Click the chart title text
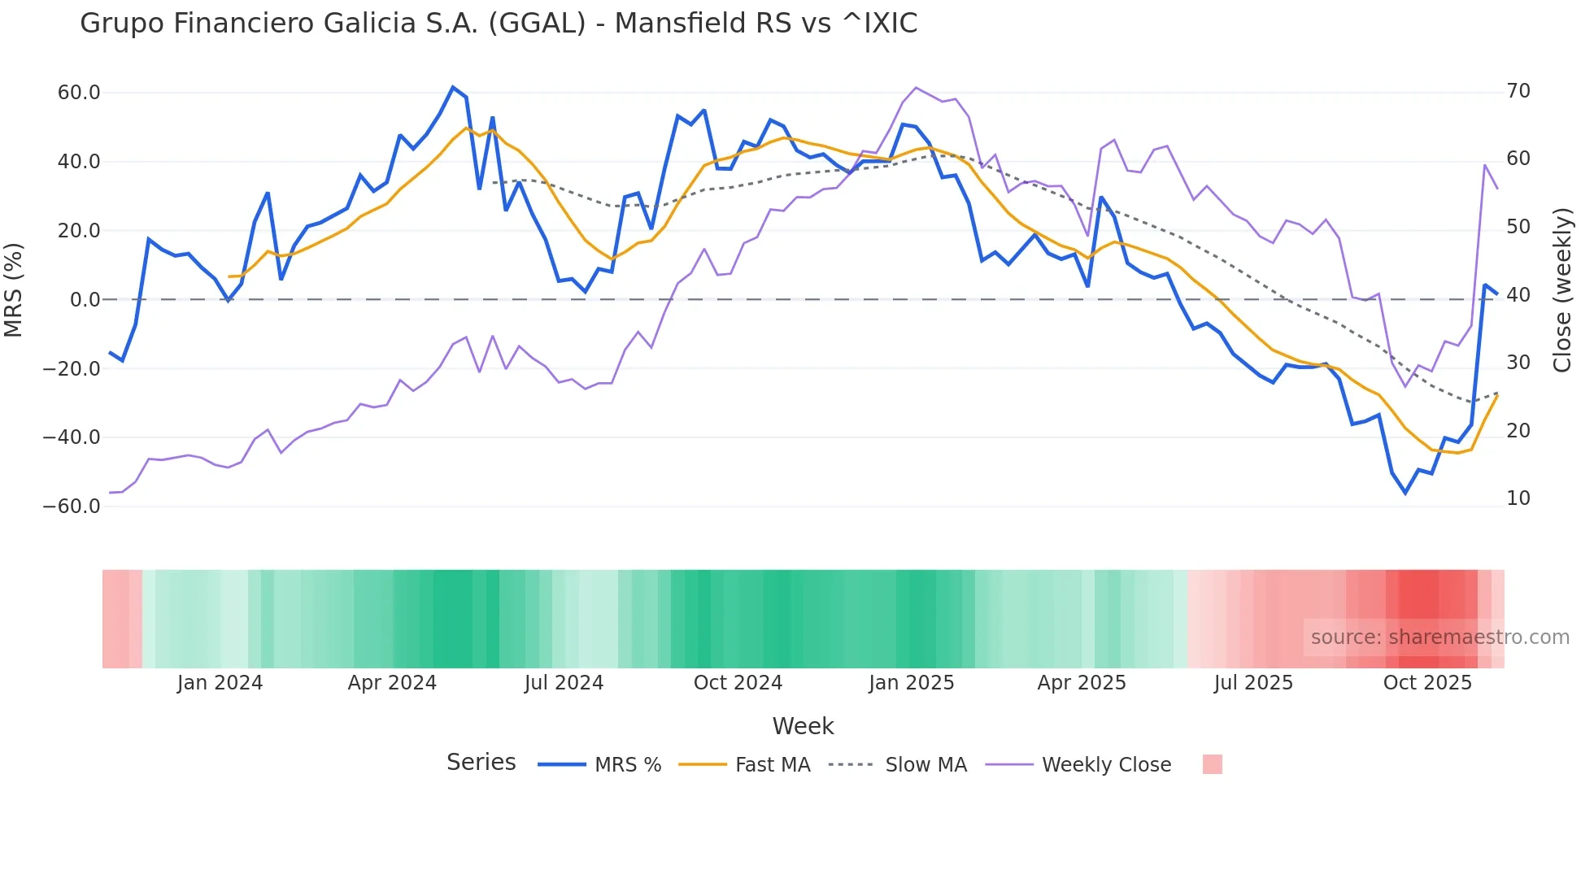point(499,24)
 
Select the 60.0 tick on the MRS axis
point(79,93)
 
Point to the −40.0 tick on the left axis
point(72,437)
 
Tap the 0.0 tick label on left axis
point(85,300)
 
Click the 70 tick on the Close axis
point(1518,91)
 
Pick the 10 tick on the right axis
point(1518,498)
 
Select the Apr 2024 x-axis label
point(392,683)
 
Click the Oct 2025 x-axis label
point(1427,683)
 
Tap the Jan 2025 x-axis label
point(911,683)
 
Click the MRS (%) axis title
point(14,289)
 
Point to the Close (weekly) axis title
point(1562,290)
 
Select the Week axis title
point(803,726)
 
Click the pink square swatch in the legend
point(1212,764)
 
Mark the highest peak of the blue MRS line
point(453,87)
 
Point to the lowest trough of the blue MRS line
point(1405,493)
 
